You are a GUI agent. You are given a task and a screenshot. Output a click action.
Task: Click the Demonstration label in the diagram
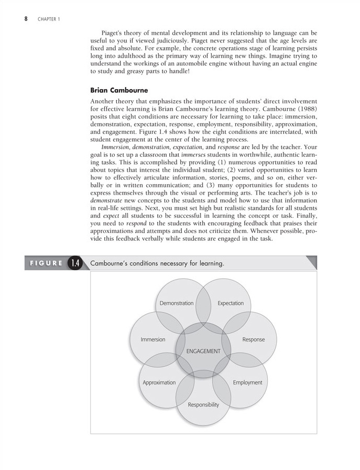click(x=177, y=303)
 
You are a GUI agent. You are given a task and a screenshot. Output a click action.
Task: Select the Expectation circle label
click(x=231, y=303)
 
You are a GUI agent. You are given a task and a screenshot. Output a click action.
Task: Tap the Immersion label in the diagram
click(x=153, y=339)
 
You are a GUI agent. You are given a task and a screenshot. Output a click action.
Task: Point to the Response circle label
click(x=254, y=339)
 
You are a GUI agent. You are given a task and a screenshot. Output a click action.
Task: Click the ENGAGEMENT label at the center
click(x=203, y=351)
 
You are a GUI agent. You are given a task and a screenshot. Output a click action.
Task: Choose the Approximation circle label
click(x=159, y=382)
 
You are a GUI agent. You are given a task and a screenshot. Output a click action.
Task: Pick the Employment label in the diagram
click(x=247, y=382)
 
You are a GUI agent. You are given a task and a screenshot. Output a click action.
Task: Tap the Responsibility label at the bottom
click(x=203, y=404)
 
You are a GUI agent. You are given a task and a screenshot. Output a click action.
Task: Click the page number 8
click(x=26, y=19)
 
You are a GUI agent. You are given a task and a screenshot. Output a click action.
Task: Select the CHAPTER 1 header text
click(x=49, y=20)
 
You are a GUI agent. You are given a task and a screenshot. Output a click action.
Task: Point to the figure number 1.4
click(x=75, y=263)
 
